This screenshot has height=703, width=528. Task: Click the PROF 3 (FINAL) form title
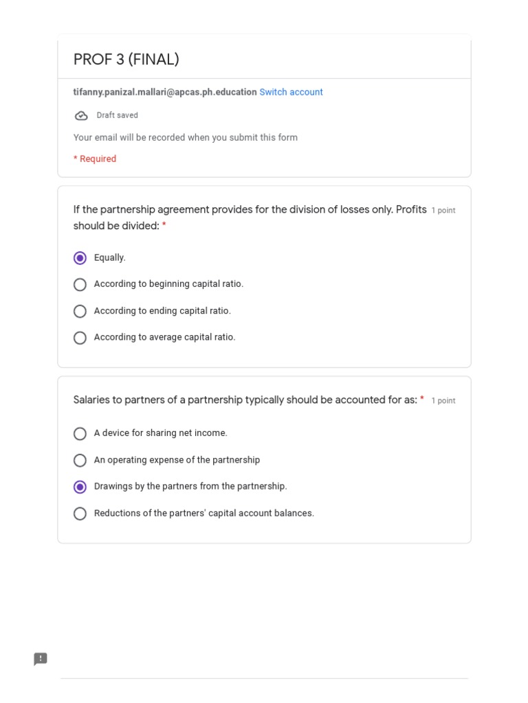click(126, 60)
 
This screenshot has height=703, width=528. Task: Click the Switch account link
click(291, 92)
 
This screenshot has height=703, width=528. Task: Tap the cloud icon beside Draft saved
click(81, 115)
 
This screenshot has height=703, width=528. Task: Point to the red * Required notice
click(95, 159)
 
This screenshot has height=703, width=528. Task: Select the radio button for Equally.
click(80, 258)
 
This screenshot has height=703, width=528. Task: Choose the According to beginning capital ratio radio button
click(80, 284)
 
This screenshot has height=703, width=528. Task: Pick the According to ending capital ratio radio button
click(80, 311)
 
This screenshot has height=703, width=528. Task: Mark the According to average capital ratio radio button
click(80, 338)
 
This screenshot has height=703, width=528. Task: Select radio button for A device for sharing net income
click(80, 433)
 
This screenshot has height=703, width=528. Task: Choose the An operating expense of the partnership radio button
click(80, 460)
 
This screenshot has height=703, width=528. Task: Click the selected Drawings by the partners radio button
click(80, 487)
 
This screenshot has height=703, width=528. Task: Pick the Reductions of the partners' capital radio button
click(80, 514)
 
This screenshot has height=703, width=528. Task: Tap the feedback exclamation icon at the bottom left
click(41, 659)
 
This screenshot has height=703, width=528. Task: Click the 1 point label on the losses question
click(443, 211)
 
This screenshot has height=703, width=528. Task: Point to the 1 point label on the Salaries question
click(443, 401)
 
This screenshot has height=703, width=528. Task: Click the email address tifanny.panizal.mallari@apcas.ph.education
click(165, 92)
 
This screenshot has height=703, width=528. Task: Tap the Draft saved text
click(117, 115)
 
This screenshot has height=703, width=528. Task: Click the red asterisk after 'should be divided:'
click(164, 226)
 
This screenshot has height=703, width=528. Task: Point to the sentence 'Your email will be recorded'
click(186, 137)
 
